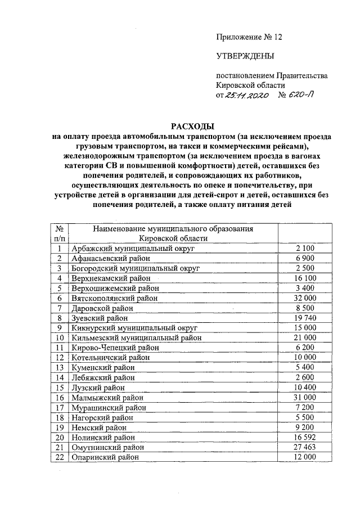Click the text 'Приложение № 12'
click(x=249, y=37)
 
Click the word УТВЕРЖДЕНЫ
click(x=246, y=56)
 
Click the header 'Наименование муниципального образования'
click(x=173, y=229)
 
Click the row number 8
click(x=58, y=318)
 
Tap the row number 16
click(x=58, y=397)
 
